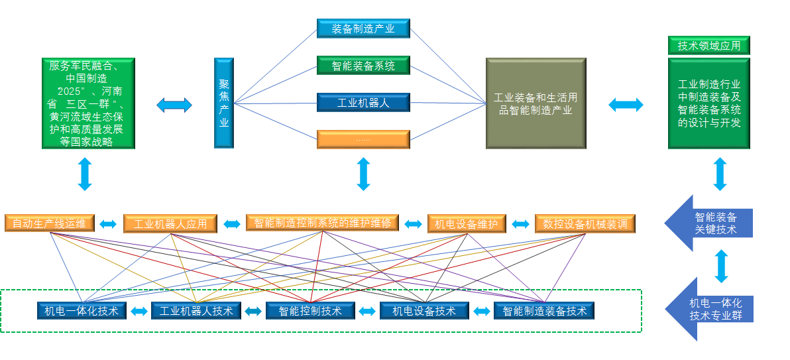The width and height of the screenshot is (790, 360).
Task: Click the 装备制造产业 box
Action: (363, 28)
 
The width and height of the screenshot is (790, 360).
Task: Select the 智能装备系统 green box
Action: (363, 65)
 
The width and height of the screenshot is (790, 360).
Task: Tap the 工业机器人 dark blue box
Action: (363, 102)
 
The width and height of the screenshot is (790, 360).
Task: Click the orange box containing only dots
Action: (363, 139)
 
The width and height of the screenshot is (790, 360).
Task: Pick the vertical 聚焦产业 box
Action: (224, 103)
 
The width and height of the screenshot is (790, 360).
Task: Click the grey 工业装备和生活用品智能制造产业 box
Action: (536, 103)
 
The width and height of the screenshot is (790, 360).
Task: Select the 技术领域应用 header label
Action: (708, 46)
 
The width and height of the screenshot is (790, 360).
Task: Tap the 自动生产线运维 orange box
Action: (50, 223)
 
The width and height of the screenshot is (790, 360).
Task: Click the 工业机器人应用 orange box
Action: (170, 223)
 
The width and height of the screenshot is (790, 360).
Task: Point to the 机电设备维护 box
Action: (467, 223)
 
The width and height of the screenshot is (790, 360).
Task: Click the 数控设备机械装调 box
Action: (585, 223)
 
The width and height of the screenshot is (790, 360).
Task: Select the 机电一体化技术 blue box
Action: (82, 310)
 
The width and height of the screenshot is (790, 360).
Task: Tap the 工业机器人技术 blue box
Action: (196, 310)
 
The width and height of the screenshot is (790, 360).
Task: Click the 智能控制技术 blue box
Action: (310, 310)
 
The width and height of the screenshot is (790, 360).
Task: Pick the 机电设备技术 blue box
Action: (424, 310)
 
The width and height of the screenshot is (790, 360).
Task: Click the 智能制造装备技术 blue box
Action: (544, 310)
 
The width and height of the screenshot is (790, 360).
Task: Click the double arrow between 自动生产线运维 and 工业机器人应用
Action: (108, 224)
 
